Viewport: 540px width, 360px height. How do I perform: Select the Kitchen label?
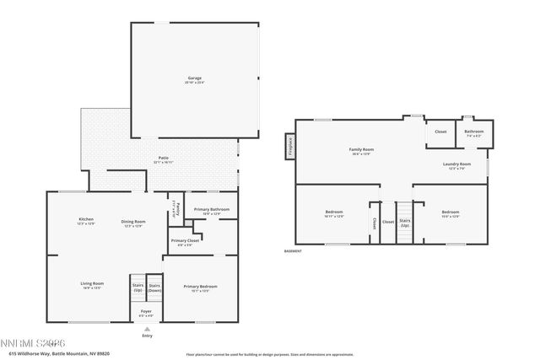[85, 221]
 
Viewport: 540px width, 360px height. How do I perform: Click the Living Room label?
[92, 284]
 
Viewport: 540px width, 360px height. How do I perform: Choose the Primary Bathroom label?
[211, 211]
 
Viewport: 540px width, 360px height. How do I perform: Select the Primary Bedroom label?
[200, 288]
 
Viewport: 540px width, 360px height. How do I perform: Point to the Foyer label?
[146, 313]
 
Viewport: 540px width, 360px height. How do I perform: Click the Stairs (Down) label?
[154, 287]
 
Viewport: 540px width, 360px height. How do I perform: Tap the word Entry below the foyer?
[148, 336]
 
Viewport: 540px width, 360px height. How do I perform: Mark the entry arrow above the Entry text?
[148, 329]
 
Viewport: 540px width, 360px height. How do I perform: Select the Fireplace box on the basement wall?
[290, 147]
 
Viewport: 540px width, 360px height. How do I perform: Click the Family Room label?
[361, 152]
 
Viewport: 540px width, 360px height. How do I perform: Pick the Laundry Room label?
[456, 165]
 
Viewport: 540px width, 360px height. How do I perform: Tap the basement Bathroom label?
[473, 132]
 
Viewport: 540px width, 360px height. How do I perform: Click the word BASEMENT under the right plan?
[293, 251]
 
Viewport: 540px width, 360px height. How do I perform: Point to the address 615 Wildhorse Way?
[51, 354]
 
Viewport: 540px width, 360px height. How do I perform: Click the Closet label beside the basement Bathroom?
[440, 132]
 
